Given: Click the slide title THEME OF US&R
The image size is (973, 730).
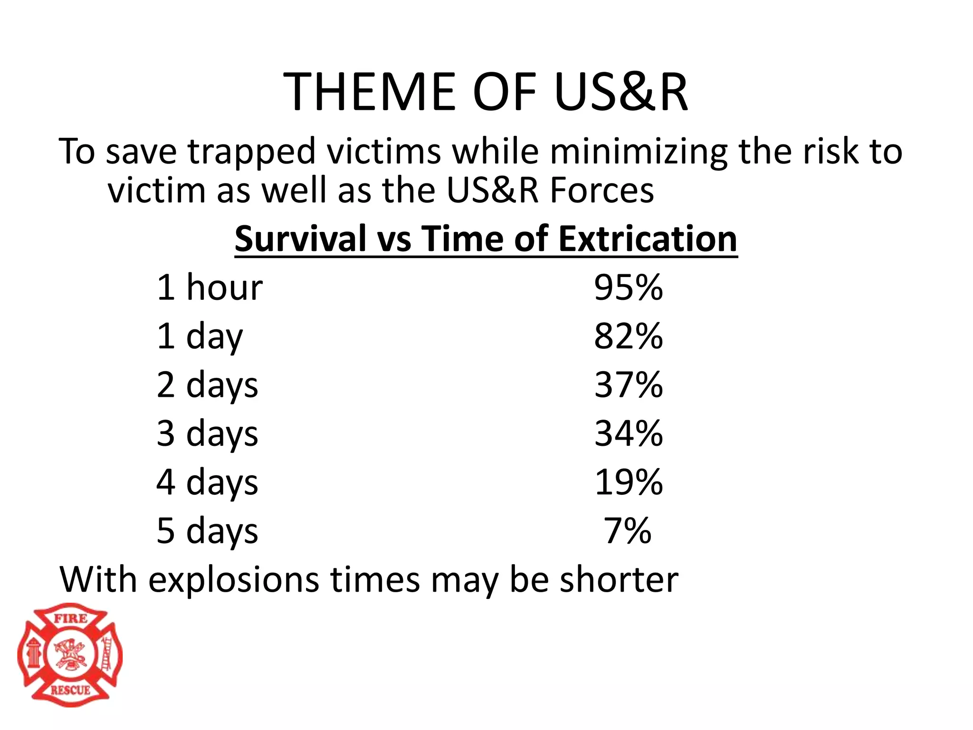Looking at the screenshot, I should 486,91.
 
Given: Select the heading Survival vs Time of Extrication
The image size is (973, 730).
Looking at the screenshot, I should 486,239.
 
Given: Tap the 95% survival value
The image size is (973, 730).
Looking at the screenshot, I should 628,288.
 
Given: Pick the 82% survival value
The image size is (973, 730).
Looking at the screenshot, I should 628,336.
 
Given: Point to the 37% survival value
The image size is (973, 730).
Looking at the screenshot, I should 628,385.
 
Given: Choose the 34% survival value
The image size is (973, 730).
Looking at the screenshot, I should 628,433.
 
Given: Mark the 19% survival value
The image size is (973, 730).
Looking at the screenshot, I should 628,482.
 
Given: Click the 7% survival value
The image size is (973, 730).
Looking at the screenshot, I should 627,531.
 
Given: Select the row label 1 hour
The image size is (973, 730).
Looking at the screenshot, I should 209,288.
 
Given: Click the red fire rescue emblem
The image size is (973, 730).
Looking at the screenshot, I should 70,655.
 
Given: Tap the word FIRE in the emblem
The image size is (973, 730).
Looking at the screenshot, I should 70,619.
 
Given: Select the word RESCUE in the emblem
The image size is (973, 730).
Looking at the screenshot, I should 70,690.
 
